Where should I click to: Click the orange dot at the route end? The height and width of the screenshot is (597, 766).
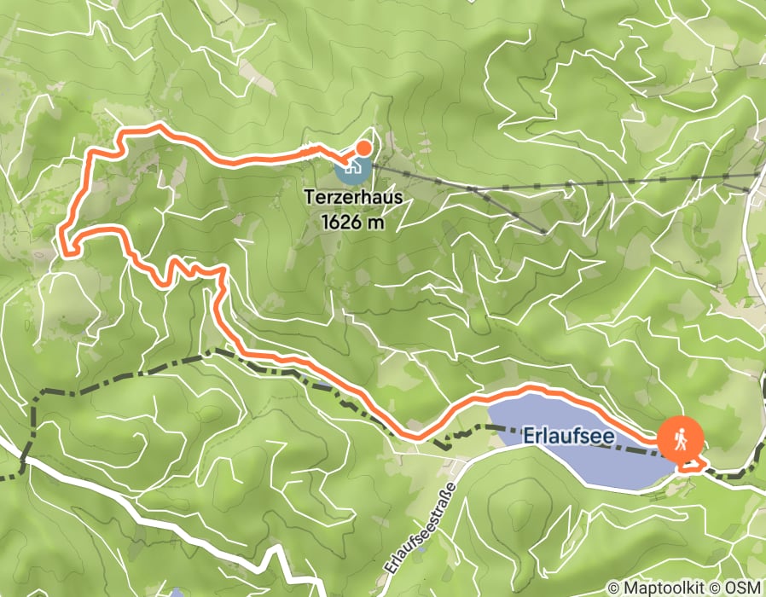coord(363,148)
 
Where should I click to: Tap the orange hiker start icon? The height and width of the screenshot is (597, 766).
coord(681,440)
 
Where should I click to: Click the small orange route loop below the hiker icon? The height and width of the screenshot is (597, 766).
coord(693,464)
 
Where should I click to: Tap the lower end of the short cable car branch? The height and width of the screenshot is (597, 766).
coord(543,231)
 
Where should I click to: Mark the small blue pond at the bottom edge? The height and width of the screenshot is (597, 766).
coord(176,593)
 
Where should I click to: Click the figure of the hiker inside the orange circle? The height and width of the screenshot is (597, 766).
coord(681,440)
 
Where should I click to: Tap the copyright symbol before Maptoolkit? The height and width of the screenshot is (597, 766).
coord(614,588)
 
